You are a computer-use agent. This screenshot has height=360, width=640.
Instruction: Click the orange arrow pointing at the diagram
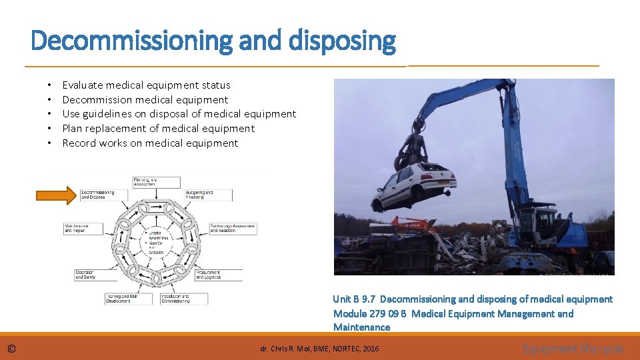pyautogui.click(x=57, y=195)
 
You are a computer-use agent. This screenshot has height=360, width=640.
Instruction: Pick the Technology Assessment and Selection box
pyautogui.click(x=232, y=229)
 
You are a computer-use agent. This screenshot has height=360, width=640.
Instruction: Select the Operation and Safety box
pyautogui.click(x=91, y=274)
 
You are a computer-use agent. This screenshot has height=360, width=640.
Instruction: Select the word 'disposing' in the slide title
pyautogui.click(x=343, y=41)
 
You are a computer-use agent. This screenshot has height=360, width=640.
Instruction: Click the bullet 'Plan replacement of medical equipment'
pyautogui.click(x=159, y=129)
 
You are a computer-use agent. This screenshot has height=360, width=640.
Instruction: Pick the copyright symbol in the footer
pyautogui.click(x=12, y=349)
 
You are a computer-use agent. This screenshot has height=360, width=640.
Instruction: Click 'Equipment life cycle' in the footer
pyautogui.click(x=573, y=349)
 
